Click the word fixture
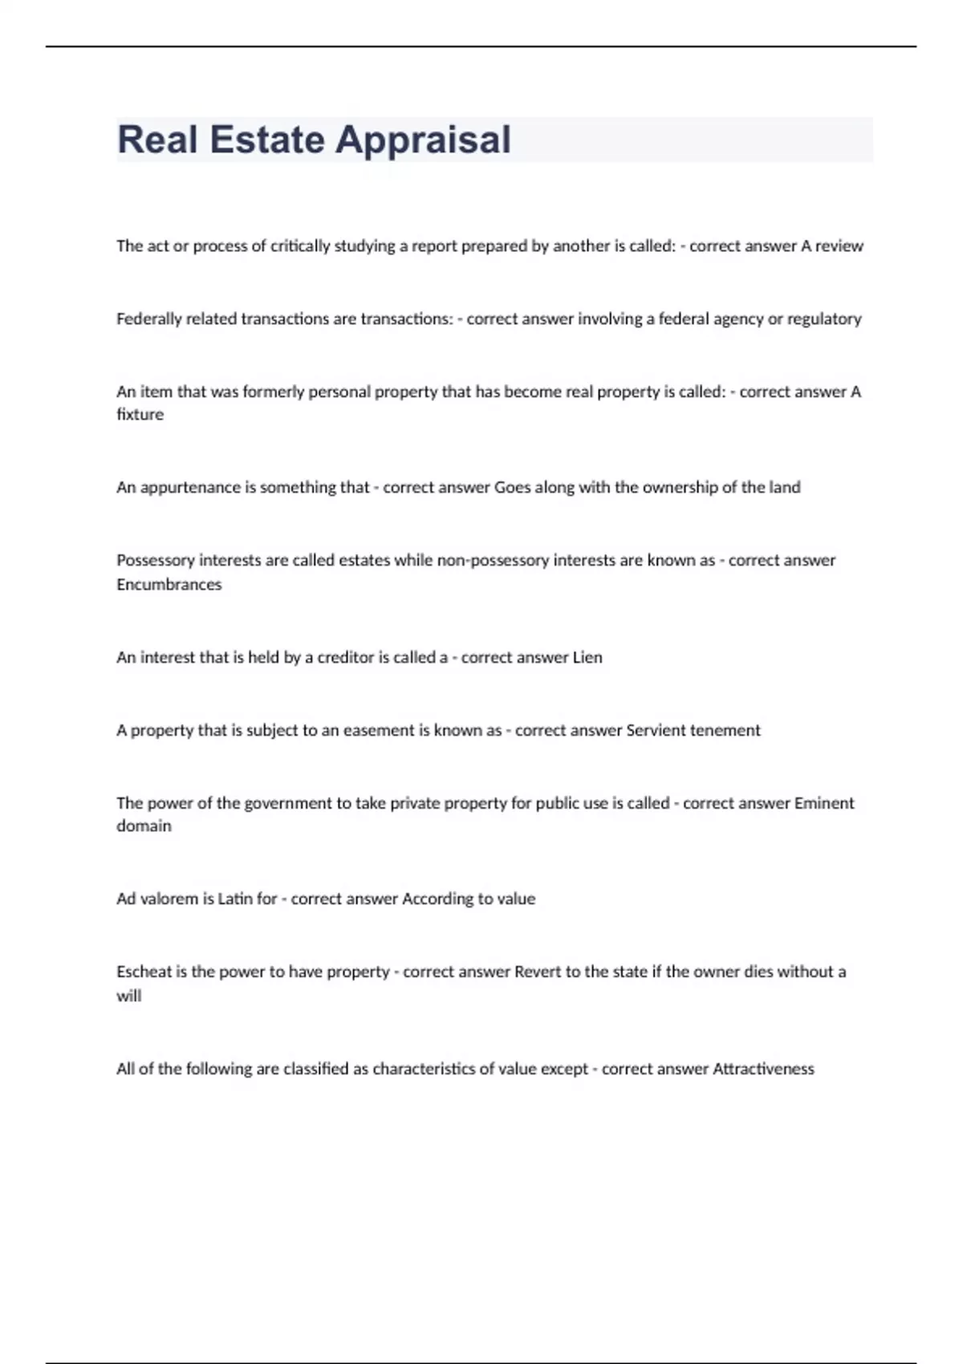140,415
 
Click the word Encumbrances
169,585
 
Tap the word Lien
587,658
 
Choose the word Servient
656,731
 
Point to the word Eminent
824,803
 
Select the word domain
144,826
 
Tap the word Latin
234,899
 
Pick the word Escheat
144,972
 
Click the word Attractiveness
763,1070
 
